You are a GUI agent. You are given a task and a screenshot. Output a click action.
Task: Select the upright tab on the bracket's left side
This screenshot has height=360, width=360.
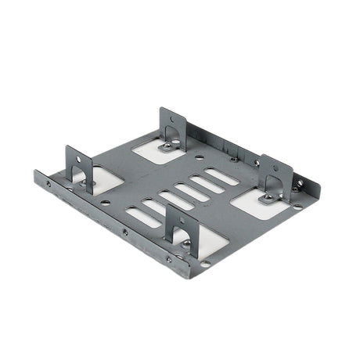tap(79, 166)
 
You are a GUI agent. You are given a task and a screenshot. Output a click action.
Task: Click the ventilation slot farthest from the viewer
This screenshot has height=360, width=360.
tap(222, 177)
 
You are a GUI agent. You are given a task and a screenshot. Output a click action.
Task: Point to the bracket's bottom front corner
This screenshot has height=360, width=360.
tap(187, 276)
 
